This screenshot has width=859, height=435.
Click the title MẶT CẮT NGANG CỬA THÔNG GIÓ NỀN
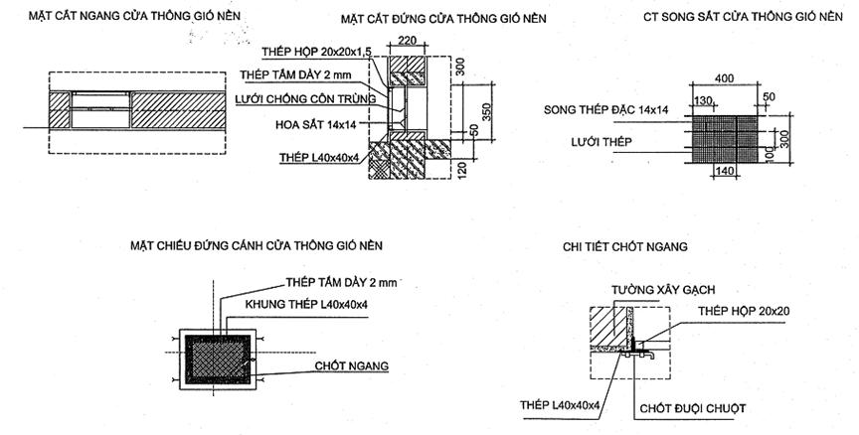[x=134, y=16]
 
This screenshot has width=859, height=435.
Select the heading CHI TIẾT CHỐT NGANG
[x=624, y=246]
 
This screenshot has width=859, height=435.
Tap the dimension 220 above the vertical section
[x=408, y=40]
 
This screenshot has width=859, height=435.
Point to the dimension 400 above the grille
[x=724, y=78]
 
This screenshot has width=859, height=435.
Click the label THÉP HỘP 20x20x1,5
[x=316, y=52]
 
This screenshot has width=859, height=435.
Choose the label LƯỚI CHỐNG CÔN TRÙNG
[x=305, y=99]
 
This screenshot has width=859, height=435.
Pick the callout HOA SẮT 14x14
[x=315, y=125]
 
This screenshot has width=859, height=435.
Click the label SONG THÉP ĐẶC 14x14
[x=605, y=109]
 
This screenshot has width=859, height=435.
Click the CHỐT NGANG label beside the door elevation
[x=351, y=365]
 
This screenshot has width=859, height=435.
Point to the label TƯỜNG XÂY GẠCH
[x=663, y=289]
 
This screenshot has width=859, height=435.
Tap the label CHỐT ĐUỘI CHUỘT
[x=692, y=409]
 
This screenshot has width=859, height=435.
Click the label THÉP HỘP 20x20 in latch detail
[x=744, y=311]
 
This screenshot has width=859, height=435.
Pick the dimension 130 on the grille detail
[x=703, y=100]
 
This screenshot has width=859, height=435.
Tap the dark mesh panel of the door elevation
[x=218, y=359]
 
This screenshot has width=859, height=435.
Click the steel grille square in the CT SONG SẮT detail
[x=725, y=139]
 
